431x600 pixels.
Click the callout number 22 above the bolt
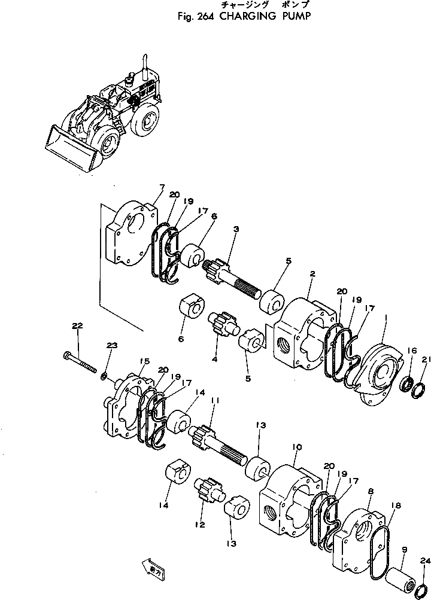pyautogui.click(x=77, y=326)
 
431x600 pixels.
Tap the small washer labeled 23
pyautogui.click(x=104, y=376)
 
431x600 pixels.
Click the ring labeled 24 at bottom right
pyautogui.click(x=420, y=580)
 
